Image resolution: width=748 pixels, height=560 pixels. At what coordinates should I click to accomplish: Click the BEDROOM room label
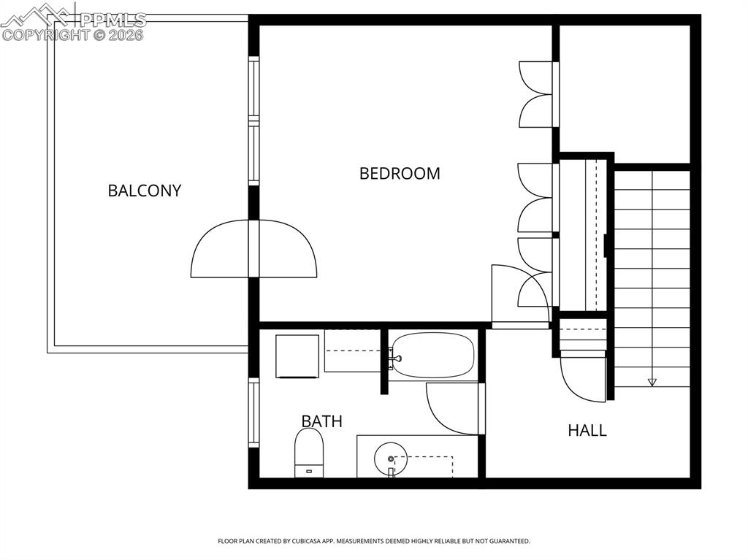[400, 173]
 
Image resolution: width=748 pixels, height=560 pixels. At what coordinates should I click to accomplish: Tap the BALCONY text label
[145, 191]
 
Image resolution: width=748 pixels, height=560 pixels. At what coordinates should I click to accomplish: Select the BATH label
[322, 421]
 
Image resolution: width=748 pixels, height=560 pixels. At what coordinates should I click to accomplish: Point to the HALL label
[587, 430]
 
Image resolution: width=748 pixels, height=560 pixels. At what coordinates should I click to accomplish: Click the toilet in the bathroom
[309, 452]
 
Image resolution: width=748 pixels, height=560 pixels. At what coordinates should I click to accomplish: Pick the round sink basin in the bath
[390, 459]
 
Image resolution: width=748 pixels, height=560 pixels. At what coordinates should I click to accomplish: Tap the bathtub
[433, 356]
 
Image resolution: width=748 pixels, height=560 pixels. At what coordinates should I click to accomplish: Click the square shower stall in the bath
[297, 356]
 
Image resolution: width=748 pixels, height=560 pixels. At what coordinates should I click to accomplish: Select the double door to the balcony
[253, 248]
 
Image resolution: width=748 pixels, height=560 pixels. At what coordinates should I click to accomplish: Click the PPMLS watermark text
[113, 20]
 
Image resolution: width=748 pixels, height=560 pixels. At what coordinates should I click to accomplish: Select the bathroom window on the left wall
[253, 413]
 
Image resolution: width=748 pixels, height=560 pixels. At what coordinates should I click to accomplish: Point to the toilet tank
[309, 471]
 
